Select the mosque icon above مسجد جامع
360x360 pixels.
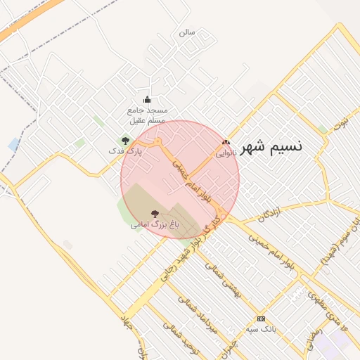tap(147, 99)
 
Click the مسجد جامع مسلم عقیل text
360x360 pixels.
tap(146, 115)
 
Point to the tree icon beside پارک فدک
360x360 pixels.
tap(126, 141)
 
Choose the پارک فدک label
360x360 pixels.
tap(125, 150)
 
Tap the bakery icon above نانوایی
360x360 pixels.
tap(226, 142)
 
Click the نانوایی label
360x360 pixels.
tap(226, 151)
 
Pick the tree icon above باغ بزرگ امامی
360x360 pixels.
tap(155, 213)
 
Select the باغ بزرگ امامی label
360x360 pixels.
tap(155, 225)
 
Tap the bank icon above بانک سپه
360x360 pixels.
tap(261, 319)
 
